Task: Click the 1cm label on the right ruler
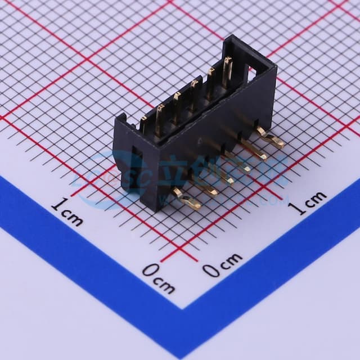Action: (x=307, y=202)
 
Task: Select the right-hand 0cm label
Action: (x=222, y=265)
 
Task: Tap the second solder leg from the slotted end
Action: (x=207, y=188)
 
